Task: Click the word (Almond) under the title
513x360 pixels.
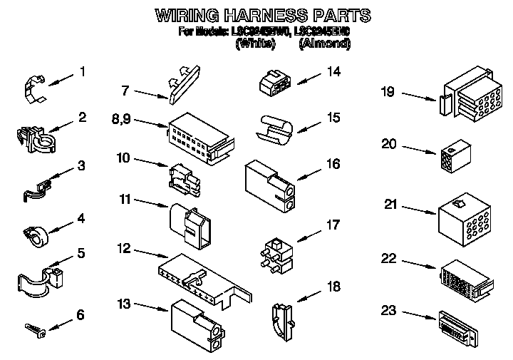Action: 325,43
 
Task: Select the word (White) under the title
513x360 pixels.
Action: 255,43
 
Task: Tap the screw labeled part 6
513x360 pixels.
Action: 35,329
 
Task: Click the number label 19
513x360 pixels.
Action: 388,91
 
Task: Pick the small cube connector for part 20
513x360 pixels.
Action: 450,158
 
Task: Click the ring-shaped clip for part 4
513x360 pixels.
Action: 33,233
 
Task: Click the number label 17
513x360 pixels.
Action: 333,226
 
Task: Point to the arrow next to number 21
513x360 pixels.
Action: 418,209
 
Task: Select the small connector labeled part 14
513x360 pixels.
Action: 274,83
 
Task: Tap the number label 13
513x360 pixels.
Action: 124,304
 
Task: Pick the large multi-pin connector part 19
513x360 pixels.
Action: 463,99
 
